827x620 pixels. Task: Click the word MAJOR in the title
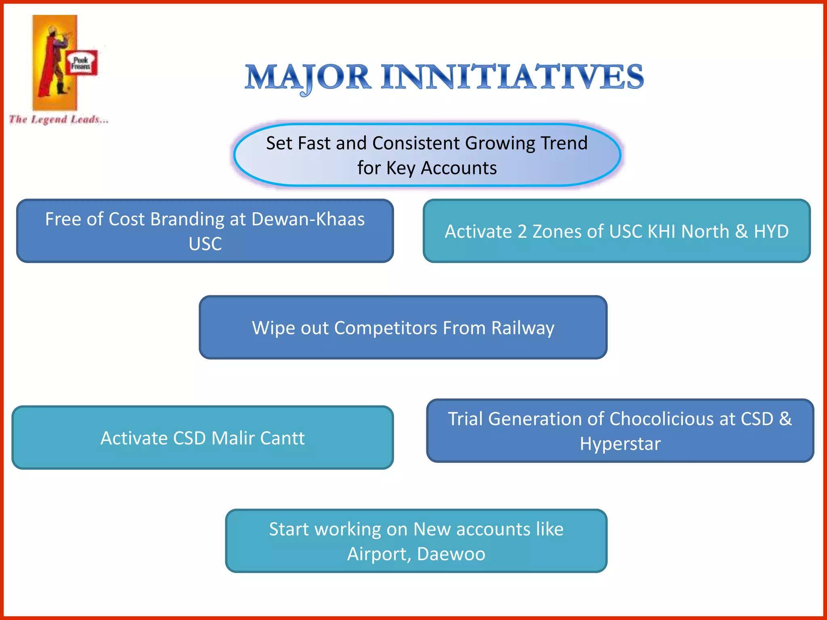[x=308, y=77]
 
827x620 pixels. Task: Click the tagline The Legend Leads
[x=59, y=119]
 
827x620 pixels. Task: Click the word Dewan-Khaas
[x=308, y=219]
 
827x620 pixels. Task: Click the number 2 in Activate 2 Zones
[x=522, y=232]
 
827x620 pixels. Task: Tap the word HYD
[x=771, y=232]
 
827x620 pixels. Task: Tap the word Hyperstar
[x=620, y=444]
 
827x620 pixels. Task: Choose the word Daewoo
[x=451, y=554]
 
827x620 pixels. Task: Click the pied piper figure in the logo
[x=52, y=61]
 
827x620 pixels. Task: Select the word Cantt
[x=282, y=438]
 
